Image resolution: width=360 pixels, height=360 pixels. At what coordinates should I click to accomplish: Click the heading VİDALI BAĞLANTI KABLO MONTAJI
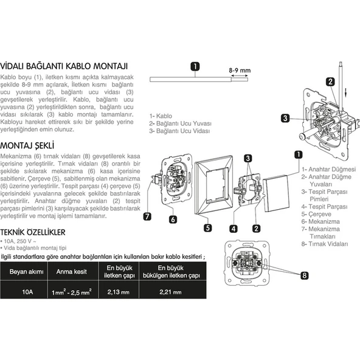(x=64, y=66)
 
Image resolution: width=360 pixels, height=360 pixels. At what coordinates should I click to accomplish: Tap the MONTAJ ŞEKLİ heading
(x=27, y=145)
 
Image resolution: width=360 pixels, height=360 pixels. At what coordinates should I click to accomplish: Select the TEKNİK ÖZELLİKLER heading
(x=33, y=232)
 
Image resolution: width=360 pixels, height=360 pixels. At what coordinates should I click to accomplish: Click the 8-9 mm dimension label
(x=240, y=71)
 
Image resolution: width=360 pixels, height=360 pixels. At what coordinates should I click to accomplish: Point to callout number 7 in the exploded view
(x=147, y=216)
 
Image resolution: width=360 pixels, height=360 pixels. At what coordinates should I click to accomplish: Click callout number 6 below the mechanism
(x=173, y=220)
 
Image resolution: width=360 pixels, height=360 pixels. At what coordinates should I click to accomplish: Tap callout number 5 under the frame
(x=208, y=228)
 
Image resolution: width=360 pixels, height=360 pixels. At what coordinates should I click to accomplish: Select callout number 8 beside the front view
(x=305, y=275)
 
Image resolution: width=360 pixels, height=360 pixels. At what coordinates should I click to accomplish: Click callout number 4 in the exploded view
(x=234, y=229)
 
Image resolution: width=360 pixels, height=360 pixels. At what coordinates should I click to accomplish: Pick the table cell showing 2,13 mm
(x=119, y=292)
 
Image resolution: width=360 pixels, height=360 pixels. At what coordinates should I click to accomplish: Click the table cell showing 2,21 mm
(x=170, y=292)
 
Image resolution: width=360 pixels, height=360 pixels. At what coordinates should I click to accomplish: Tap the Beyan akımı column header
(x=26, y=272)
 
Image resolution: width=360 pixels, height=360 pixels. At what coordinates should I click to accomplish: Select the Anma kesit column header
(x=71, y=272)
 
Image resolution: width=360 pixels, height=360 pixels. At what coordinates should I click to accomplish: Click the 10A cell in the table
(x=27, y=292)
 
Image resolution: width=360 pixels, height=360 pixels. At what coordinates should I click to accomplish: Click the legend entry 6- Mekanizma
(x=320, y=221)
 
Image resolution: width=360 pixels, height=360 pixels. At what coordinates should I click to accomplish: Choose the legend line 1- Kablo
(x=161, y=116)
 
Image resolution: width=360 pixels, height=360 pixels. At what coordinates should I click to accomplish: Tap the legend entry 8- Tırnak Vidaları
(x=325, y=244)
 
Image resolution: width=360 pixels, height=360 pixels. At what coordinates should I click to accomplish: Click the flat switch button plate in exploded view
(x=276, y=193)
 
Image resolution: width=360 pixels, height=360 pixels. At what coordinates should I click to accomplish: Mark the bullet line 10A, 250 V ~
(x=18, y=241)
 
